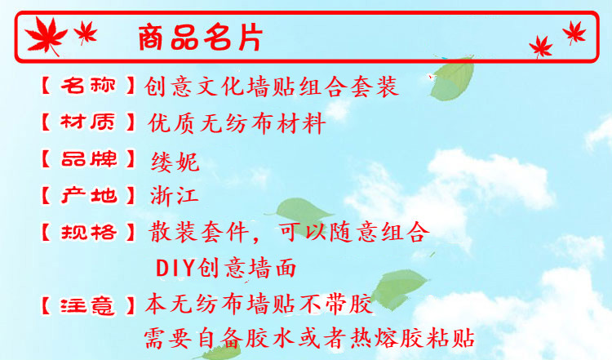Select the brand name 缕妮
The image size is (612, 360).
click(x=175, y=161)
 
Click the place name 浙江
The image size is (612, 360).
click(x=175, y=196)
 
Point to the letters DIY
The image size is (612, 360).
click(x=173, y=268)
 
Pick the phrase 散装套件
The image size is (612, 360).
click(x=198, y=232)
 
